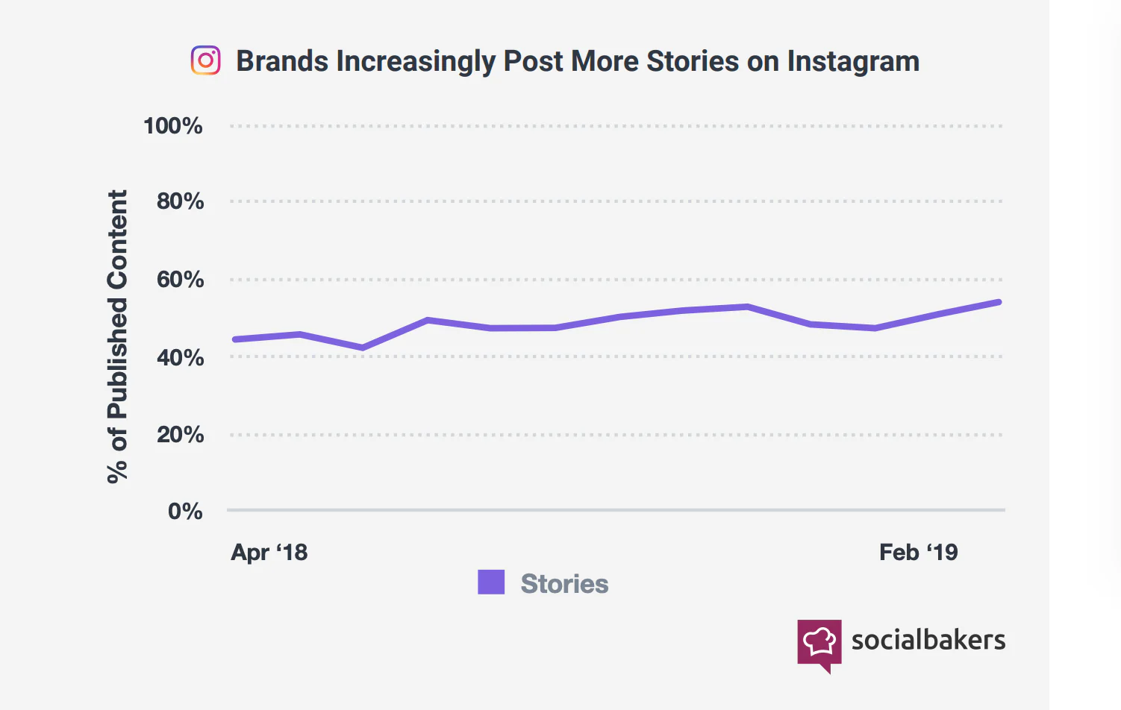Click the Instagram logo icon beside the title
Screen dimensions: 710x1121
point(205,60)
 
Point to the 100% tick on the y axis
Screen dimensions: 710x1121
point(173,125)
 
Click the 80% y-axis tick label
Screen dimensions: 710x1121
point(180,201)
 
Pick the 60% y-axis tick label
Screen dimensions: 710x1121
point(180,280)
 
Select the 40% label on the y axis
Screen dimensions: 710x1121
point(180,357)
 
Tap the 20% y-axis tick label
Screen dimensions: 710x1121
point(180,434)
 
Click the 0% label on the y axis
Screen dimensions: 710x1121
point(185,511)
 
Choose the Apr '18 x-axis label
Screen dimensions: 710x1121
point(269,553)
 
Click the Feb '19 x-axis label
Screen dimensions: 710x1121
point(918,553)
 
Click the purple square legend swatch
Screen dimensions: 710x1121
point(491,582)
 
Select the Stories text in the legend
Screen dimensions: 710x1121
point(564,584)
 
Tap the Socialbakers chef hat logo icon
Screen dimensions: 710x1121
point(819,641)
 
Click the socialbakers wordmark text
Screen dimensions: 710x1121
point(928,640)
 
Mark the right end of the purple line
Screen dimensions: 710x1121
point(999,302)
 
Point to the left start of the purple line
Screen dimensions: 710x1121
point(235,339)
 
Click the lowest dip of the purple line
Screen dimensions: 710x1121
point(363,348)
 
